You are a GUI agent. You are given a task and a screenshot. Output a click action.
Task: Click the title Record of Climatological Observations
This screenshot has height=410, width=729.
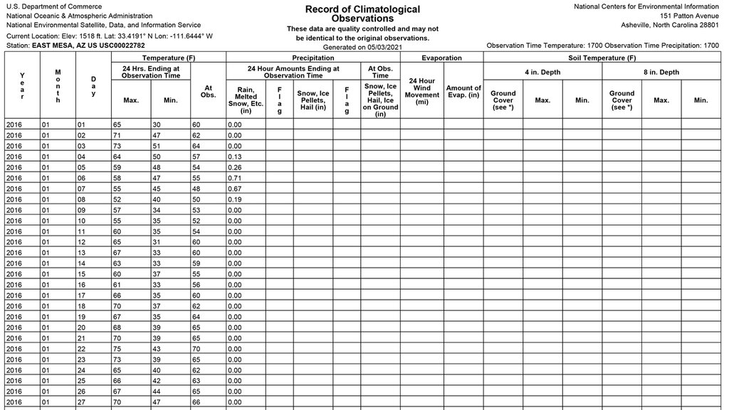[x=362, y=14]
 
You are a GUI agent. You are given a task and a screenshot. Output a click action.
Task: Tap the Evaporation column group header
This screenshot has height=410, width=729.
[x=441, y=58]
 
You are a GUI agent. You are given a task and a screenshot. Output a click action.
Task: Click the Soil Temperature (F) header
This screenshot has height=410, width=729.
[x=602, y=58]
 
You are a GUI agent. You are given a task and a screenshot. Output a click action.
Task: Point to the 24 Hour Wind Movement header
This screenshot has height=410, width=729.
[x=421, y=92]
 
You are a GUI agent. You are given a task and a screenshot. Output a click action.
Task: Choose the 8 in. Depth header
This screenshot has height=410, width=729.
[x=661, y=72]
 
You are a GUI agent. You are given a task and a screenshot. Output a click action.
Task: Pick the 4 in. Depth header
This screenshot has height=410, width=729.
[x=542, y=72]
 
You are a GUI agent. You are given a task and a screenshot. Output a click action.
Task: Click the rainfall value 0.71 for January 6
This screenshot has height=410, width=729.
[x=236, y=178]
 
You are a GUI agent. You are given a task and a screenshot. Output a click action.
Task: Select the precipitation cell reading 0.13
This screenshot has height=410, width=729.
[x=236, y=157]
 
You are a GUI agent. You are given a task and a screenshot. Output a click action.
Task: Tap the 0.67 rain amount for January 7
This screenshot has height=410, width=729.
[x=236, y=189]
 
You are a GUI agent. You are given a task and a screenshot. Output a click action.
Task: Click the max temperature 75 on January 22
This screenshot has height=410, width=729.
[x=117, y=349]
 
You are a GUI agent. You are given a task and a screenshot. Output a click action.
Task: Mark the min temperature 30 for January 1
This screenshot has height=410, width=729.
[x=157, y=125]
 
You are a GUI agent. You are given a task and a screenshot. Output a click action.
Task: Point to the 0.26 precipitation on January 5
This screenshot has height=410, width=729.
[x=236, y=167]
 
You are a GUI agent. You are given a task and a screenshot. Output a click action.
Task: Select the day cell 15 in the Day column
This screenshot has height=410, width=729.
[x=83, y=274]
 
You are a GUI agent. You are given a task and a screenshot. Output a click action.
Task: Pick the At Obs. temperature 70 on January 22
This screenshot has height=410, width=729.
[x=196, y=349]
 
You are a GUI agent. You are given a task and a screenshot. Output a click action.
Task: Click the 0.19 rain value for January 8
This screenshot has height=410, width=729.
[x=236, y=199]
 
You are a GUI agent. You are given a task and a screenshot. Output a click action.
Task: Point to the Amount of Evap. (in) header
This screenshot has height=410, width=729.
[x=463, y=92]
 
